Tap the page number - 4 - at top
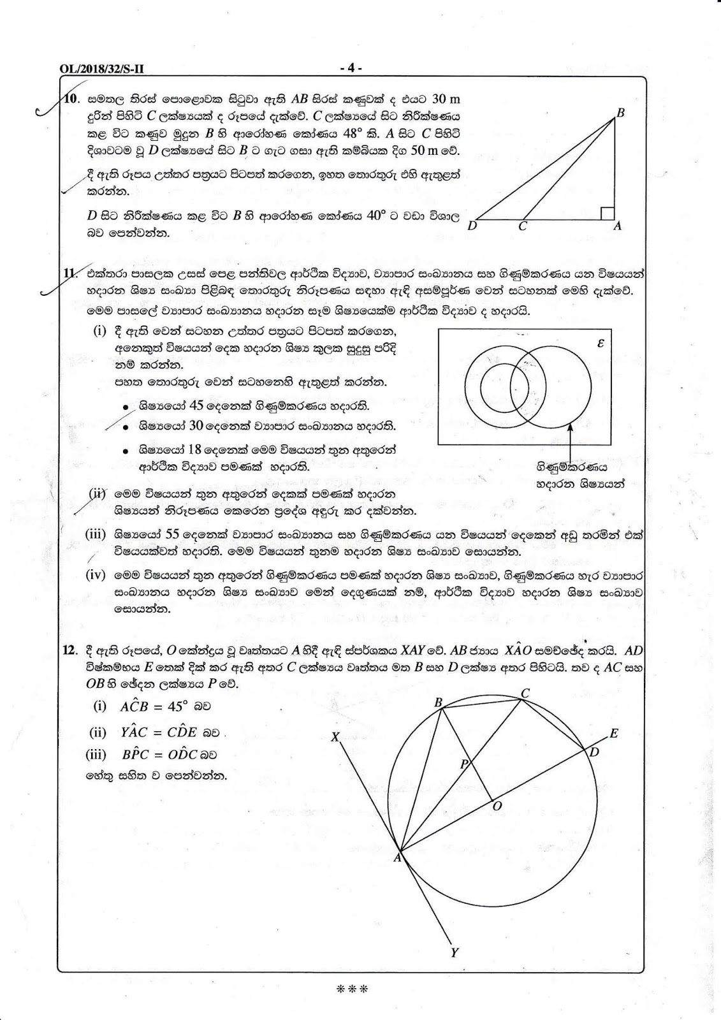tap(351, 68)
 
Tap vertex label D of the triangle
tap(472, 226)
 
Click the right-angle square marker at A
tap(608, 213)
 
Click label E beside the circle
tap(613, 733)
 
